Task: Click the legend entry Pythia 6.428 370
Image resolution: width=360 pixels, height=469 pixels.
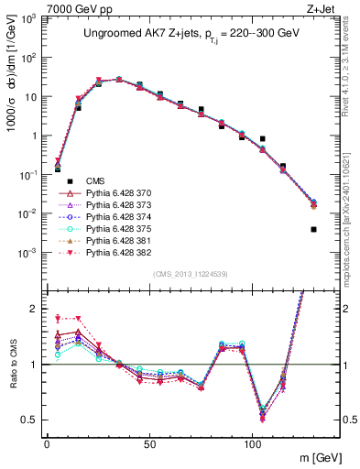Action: pos(115,194)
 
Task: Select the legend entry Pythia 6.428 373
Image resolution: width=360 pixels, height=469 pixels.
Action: pos(115,207)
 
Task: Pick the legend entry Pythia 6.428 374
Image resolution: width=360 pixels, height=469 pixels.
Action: pos(115,220)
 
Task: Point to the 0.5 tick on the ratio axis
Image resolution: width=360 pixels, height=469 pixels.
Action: pos(30,420)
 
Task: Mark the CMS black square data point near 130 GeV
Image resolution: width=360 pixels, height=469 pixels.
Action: pos(313,229)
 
